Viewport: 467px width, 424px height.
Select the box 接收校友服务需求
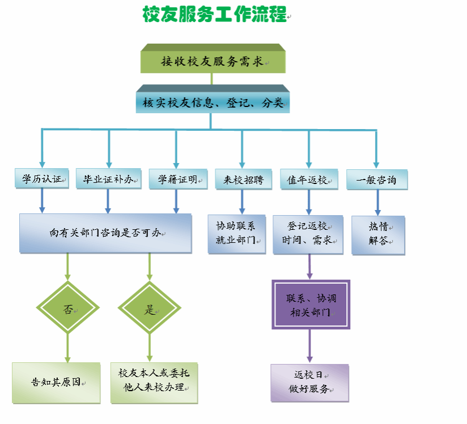(213, 61)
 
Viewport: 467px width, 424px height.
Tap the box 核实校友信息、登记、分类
(213, 102)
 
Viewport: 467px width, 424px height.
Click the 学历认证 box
(41, 179)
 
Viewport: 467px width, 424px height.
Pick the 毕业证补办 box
(108, 179)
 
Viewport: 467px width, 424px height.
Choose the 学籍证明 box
(173, 179)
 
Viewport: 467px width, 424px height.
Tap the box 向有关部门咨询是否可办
(105, 233)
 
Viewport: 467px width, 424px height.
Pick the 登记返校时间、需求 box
(307, 233)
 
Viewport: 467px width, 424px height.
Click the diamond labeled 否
(67, 309)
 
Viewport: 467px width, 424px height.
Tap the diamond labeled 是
(150, 309)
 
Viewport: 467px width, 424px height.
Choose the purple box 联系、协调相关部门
(311, 305)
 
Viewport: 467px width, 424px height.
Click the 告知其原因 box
(56, 382)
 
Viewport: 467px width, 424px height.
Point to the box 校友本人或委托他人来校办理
(154, 382)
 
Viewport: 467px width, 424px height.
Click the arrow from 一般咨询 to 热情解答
(377, 203)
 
